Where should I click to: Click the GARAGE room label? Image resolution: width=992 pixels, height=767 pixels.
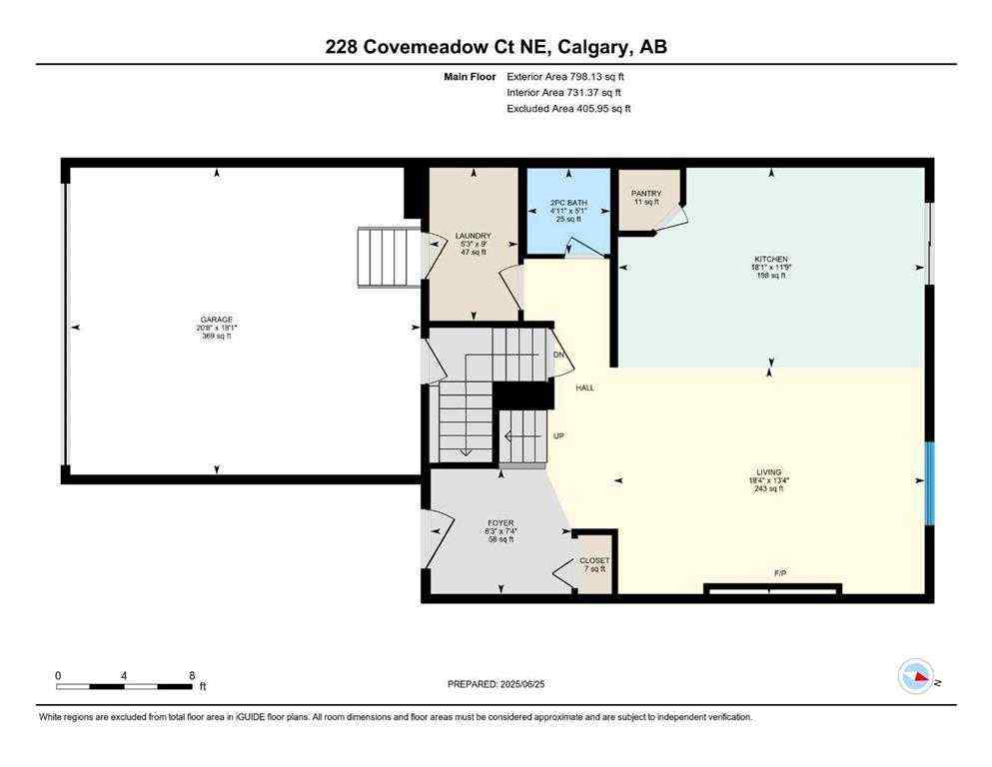point(216,320)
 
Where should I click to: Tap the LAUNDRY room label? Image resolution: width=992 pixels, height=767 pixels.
point(473,237)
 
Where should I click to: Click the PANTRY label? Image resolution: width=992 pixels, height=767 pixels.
point(646,194)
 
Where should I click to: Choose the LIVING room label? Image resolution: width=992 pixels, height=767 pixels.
point(768,471)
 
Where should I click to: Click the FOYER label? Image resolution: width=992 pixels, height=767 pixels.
point(500,522)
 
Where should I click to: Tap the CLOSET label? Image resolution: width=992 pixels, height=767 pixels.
point(594,560)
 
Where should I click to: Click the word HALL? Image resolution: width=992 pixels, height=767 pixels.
point(584,387)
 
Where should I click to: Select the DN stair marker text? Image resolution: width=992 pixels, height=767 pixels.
point(560,355)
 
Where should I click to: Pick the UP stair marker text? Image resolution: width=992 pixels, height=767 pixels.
point(559,436)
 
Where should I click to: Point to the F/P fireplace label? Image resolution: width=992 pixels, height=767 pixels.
point(780,573)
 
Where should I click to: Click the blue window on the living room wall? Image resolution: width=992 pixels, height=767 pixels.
point(928,483)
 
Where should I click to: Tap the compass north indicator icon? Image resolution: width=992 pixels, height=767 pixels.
point(916,677)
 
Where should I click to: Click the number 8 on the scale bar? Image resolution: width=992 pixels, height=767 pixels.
point(191,675)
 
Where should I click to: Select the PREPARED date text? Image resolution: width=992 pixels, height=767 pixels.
point(496,684)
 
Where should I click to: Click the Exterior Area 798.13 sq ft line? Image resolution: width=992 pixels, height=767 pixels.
point(569,76)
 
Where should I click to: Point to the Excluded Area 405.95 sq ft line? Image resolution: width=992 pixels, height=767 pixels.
point(569,108)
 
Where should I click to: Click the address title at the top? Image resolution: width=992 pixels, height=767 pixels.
point(496,46)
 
